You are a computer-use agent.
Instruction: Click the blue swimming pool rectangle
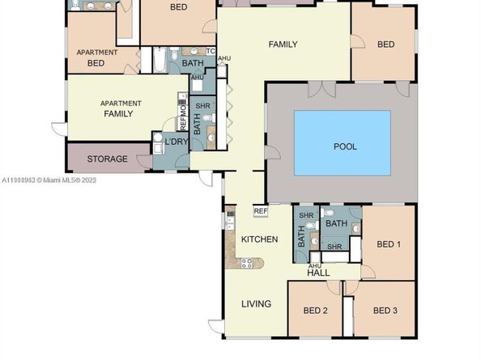click(x=342, y=143)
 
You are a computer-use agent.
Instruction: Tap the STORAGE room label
click(x=107, y=159)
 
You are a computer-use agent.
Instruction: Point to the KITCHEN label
click(x=259, y=239)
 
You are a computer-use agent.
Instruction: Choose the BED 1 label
click(x=389, y=244)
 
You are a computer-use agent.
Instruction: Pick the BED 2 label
click(x=315, y=310)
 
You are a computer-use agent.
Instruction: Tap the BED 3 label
click(x=385, y=310)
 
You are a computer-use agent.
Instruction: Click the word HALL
click(x=318, y=273)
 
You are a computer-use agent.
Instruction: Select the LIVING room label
click(x=256, y=304)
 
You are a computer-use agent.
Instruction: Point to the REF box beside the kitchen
click(x=260, y=211)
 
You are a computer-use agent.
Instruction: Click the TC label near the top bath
click(x=211, y=52)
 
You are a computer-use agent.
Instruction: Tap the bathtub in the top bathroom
click(x=159, y=60)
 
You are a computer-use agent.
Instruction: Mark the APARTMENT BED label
click(x=96, y=57)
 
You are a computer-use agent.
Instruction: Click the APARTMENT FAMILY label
click(x=121, y=108)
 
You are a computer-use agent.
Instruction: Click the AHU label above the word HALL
click(x=316, y=265)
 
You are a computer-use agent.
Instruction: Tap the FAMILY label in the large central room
click(x=283, y=44)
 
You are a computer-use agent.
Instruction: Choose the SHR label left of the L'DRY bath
click(x=203, y=107)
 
